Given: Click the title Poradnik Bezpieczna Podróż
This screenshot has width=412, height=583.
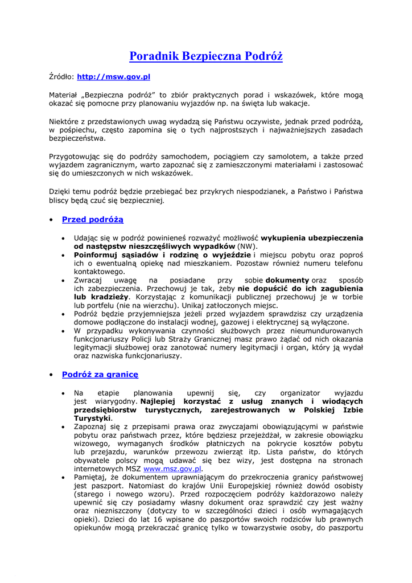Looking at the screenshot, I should point(205,56).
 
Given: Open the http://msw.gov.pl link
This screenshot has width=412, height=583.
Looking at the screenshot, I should point(113,76).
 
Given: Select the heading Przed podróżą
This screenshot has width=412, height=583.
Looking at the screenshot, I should point(92,219).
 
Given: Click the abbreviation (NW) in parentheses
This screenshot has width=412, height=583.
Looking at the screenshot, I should point(248,246).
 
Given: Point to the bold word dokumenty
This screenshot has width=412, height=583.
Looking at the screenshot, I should point(287,280).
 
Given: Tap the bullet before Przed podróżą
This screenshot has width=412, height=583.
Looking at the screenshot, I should point(51,220).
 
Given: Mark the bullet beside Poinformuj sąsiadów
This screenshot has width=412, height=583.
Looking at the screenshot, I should point(63,255).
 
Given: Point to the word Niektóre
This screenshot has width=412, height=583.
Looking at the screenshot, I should point(64,121).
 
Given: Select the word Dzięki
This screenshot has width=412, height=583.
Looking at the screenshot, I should point(59,191).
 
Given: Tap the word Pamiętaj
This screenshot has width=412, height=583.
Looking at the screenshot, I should point(91,477).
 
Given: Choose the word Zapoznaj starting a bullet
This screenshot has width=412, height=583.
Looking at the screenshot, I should point(90,426).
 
